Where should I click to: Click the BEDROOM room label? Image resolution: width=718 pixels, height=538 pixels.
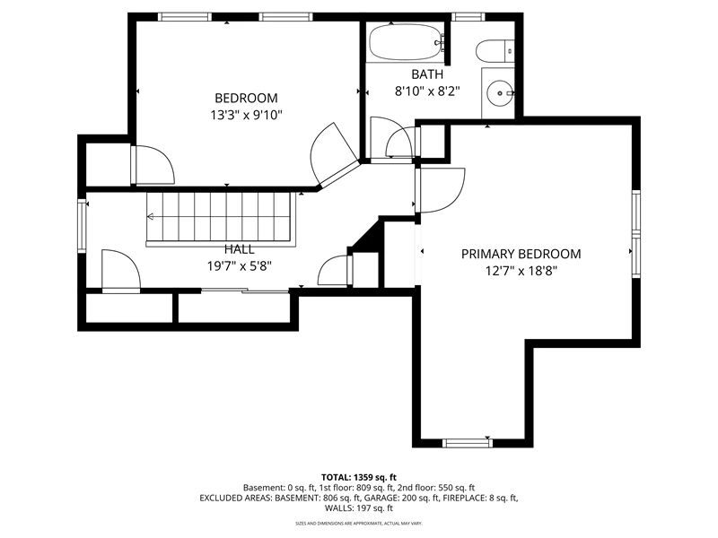click(246, 98)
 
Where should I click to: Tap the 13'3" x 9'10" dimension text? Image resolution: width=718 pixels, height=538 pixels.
click(246, 115)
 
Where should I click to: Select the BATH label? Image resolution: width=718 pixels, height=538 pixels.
click(427, 74)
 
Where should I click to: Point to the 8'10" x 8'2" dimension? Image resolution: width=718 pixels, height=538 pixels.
click(427, 91)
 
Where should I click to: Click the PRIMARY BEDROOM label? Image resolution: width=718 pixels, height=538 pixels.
click(521, 254)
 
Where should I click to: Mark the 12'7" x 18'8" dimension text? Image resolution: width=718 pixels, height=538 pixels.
click(521, 272)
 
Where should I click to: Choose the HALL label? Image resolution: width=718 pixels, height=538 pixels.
click(239, 249)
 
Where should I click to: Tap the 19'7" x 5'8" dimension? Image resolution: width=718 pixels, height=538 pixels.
click(239, 265)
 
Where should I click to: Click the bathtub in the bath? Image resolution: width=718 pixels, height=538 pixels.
click(407, 42)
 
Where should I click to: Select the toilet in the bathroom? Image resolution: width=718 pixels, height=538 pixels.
click(495, 50)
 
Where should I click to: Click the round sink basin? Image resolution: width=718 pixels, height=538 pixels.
click(500, 93)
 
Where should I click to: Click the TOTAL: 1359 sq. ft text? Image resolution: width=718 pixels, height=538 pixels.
click(358, 478)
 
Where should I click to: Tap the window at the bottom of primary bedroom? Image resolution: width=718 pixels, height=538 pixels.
click(468, 442)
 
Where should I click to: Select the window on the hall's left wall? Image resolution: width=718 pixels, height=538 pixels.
click(82, 226)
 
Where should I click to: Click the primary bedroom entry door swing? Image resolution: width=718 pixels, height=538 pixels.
click(441, 190)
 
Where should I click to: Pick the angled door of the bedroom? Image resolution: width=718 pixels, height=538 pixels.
click(334, 154)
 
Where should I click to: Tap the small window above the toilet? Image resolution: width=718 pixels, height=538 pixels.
click(468, 17)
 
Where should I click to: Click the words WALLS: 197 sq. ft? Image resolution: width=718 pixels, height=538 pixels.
click(358, 508)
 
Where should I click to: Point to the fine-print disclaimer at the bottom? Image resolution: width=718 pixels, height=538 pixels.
click(358, 523)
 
